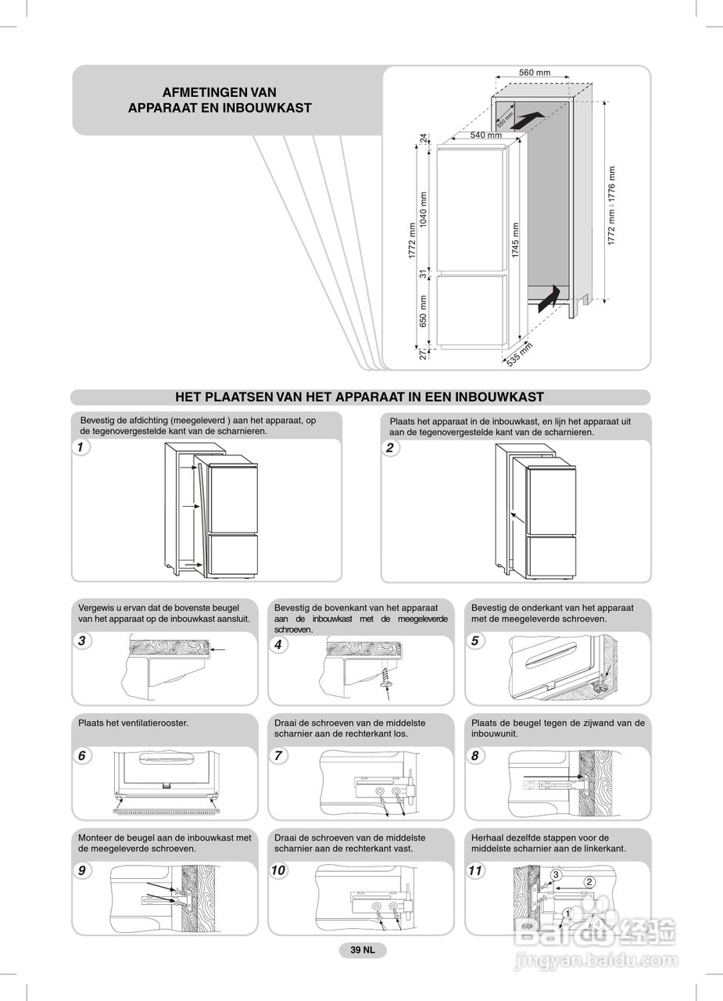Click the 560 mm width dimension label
tap(535, 73)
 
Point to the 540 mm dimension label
tap(485, 135)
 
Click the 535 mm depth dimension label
tap(520, 354)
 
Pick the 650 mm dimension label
tap(424, 310)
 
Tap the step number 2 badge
tap(390, 447)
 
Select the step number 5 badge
tap(474, 641)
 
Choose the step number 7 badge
tap(278, 756)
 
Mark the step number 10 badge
tap(279, 871)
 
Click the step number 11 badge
tap(475, 871)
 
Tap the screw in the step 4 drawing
tap(385, 677)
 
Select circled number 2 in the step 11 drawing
tap(589, 883)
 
